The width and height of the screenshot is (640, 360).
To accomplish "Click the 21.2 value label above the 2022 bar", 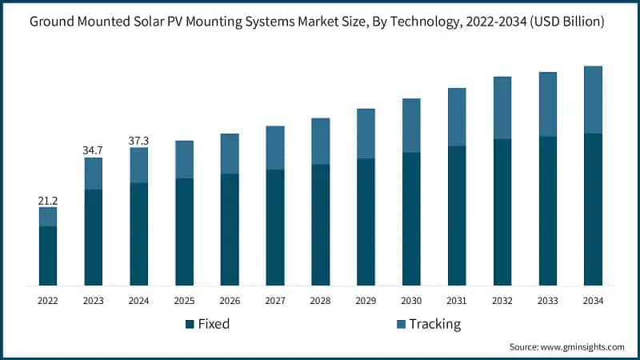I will click(48, 200).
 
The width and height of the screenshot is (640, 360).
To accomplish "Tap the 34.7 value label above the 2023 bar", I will click(94, 150).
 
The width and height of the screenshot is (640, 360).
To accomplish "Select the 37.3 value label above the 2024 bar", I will click(139, 141).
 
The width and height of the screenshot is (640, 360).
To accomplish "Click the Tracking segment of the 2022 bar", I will click(48, 217).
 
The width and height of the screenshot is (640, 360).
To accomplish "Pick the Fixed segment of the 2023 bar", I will click(94, 238).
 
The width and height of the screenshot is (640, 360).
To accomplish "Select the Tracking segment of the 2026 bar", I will click(230, 154).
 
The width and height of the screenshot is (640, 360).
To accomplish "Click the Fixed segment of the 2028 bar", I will click(321, 225).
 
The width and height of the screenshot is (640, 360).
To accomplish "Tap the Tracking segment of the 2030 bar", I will click(411, 126).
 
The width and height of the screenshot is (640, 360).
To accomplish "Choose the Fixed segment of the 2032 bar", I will click(502, 212).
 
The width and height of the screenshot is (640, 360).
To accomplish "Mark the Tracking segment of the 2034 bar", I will click(593, 100).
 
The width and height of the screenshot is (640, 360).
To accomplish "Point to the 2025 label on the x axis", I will click(184, 301).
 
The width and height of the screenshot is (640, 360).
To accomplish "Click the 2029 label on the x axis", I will click(366, 301).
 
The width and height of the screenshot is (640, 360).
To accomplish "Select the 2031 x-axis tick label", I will click(457, 301).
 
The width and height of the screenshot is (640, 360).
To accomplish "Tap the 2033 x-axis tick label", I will click(547, 301).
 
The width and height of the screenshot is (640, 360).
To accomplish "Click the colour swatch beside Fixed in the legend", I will click(190, 324).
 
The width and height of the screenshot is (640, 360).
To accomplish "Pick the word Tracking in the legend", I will click(435, 324).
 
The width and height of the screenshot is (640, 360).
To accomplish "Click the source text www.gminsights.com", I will click(583, 347).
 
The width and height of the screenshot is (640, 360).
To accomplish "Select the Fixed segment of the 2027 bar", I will click(275, 227).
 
